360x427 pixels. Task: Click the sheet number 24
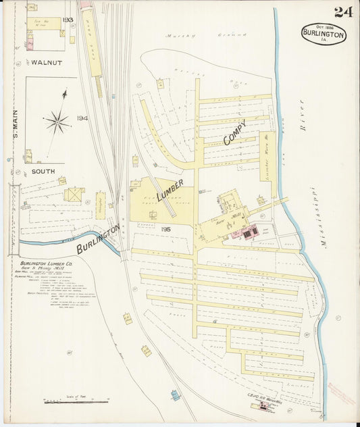coord(342,11)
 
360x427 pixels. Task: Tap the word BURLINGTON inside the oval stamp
coord(324,34)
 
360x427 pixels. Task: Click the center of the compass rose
coord(58,122)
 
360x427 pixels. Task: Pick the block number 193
coord(68,20)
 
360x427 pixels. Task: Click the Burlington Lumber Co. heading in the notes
coord(44,263)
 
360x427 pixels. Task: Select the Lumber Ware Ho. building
coord(265,156)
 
